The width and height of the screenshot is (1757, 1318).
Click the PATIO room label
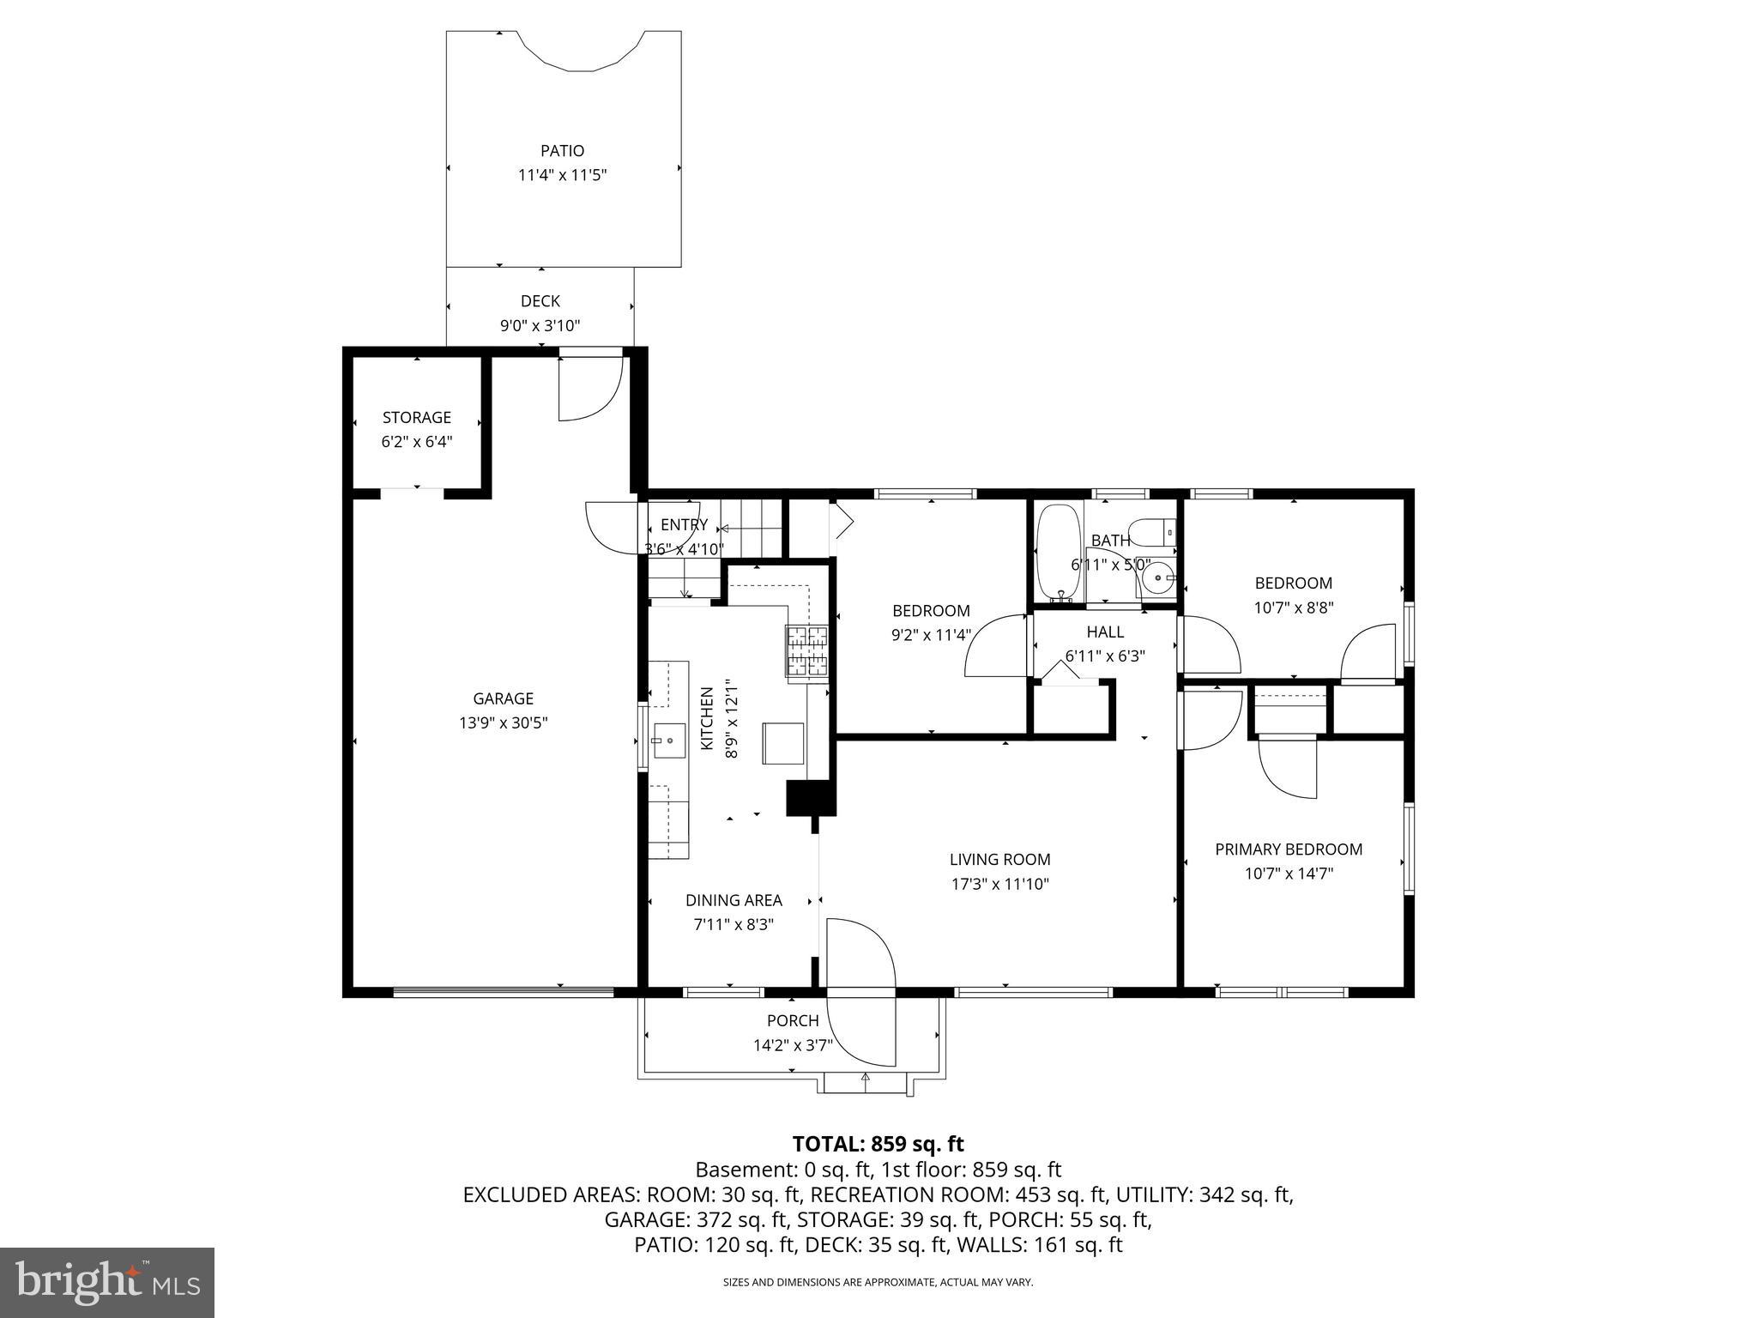click(562, 151)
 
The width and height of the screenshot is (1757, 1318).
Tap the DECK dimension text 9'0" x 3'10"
click(540, 326)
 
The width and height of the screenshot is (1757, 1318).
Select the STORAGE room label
click(416, 418)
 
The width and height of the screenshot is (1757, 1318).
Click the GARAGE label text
click(503, 698)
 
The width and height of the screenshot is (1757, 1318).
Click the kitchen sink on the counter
click(669, 740)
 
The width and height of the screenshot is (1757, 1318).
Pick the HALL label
click(1105, 632)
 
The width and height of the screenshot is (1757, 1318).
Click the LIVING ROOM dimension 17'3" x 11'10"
click(999, 884)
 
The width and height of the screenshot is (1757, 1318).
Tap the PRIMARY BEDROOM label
click(1289, 849)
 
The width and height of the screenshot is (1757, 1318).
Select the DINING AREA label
click(734, 900)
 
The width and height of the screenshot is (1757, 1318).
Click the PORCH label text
click(793, 1021)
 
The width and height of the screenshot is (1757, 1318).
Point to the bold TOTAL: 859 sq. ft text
click(878, 1144)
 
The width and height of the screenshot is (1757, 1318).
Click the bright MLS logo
click(107, 1282)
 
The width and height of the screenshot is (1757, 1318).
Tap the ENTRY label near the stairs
click(684, 525)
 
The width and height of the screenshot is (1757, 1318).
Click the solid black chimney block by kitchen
click(810, 798)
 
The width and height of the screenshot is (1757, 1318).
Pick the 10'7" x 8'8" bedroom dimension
click(1293, 608)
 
